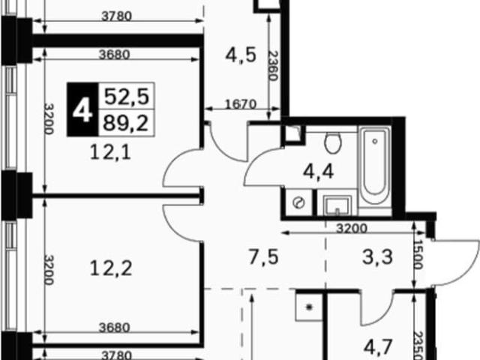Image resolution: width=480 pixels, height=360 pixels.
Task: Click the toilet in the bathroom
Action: click(x=333, y=142)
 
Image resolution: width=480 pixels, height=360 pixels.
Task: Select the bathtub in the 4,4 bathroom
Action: click(x=375, y=166)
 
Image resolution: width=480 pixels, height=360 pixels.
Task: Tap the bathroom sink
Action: click(x=337, y=205)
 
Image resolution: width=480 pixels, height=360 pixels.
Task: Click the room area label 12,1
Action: click(x=111, y=152)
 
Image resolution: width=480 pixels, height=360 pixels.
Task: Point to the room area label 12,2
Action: click(x=111, y=268)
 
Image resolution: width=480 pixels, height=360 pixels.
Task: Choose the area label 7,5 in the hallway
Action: click(x=263, y=257)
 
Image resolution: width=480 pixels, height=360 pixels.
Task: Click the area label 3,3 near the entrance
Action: click(x=377, y=257)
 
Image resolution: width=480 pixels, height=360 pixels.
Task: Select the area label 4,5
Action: click(x=241, y=55)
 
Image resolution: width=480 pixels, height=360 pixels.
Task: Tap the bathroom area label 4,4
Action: click(x=318, y=172)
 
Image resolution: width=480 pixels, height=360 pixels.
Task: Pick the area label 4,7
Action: click(x=378, y=347)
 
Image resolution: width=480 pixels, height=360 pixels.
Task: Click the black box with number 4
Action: click(x=82, y=109)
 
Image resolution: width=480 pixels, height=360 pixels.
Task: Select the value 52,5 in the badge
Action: click(x=127, y=97)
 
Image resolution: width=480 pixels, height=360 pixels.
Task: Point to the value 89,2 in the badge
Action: click(x=126, y=123)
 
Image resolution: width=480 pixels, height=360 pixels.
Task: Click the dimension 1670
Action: click(x=241, y=104)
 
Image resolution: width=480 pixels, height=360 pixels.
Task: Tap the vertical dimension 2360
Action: click(x=273, y=65)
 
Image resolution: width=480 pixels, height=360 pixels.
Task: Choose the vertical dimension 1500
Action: click(x=418, y=254)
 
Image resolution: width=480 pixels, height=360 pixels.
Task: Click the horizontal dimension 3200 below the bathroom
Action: click(x=352, y=228)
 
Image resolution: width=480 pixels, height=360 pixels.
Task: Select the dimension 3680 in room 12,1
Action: click(x=115, y=55)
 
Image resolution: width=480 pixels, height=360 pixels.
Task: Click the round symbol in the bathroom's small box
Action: click(x=298, y=202)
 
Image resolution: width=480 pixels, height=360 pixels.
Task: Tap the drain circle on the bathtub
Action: click(x=375, y=142)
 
